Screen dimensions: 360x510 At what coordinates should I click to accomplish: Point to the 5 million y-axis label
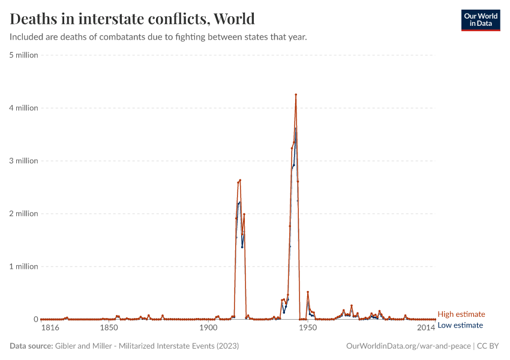point(23,55)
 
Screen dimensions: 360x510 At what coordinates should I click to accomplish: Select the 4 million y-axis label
point(23,108)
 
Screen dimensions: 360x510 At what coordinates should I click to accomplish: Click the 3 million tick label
point(23,161)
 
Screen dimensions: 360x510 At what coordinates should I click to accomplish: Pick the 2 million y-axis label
point(23,214)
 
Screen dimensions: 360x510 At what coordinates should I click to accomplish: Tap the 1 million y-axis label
point(23,266)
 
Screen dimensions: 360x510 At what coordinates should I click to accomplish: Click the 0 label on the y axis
point(35,319)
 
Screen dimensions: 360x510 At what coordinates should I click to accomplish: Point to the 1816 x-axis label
point(49,328)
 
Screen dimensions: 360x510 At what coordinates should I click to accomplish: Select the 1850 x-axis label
point(109,328)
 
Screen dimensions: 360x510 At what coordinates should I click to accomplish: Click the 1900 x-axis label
point(208,328)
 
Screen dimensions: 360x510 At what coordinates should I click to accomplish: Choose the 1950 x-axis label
point(307,328)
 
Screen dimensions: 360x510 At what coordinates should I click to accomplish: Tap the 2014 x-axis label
point(425,328)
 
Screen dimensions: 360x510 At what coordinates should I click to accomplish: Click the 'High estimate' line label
point(461,314)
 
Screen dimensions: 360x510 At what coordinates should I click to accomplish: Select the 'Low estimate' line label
point(460,325)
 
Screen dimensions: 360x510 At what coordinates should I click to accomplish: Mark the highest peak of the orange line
point(296,95)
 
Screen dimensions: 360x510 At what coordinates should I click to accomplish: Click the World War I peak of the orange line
point(240,180)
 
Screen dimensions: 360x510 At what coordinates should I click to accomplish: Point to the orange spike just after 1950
point(308,292)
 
